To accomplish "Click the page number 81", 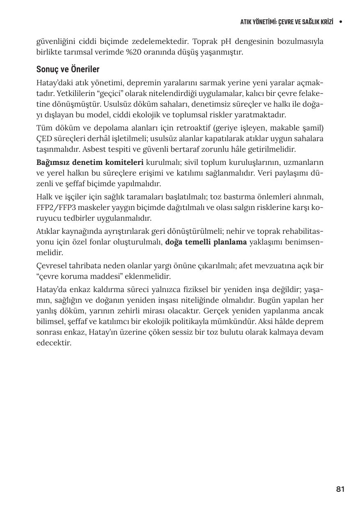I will pyautogui.click(x=340, y=489).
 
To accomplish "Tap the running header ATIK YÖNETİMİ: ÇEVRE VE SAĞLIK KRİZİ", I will pyautogui.click(x=287, y=21).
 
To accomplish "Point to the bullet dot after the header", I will pyautogui.click(x=341, y=21).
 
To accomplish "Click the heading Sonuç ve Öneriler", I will pyautogui.click(x=68, y=69).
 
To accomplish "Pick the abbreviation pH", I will pyautogui.click(x=226, y=42).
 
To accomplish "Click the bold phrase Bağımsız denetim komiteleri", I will pyautogui.click(x=90, y=162).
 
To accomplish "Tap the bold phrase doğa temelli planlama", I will pyautogui.click(x=206, y=242).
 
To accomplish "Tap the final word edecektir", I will pyautogui.click(x=54, y=343).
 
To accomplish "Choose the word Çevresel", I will pyautogui.click(x=52, y=266).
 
